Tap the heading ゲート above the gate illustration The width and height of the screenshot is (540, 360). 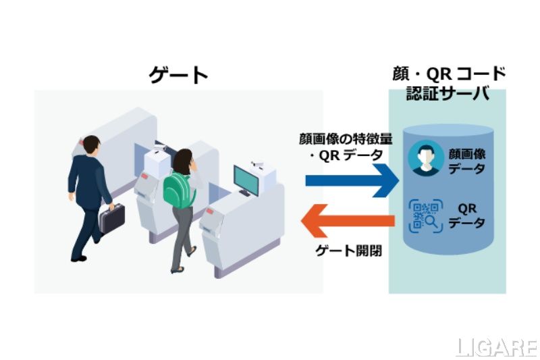(179, 75)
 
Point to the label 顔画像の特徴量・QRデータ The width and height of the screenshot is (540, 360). (345, 147)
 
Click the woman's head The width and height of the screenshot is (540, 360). (183, 160)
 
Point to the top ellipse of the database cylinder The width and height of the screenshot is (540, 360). (443, 131)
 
